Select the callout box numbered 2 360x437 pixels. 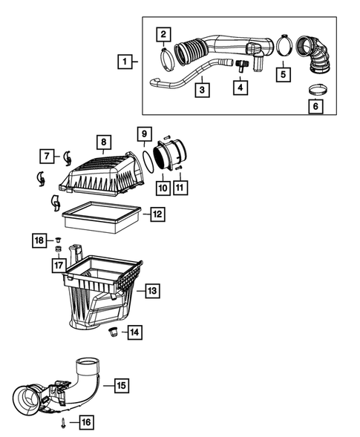click(163, 33)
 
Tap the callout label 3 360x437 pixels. click(201, 90)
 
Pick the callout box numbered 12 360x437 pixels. click(157, 215)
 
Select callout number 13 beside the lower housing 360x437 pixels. click(151, 291)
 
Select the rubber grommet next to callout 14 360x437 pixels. click(114, 330)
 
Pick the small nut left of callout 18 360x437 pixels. click(58, 240)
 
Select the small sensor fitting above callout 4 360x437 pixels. click(239, 65)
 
